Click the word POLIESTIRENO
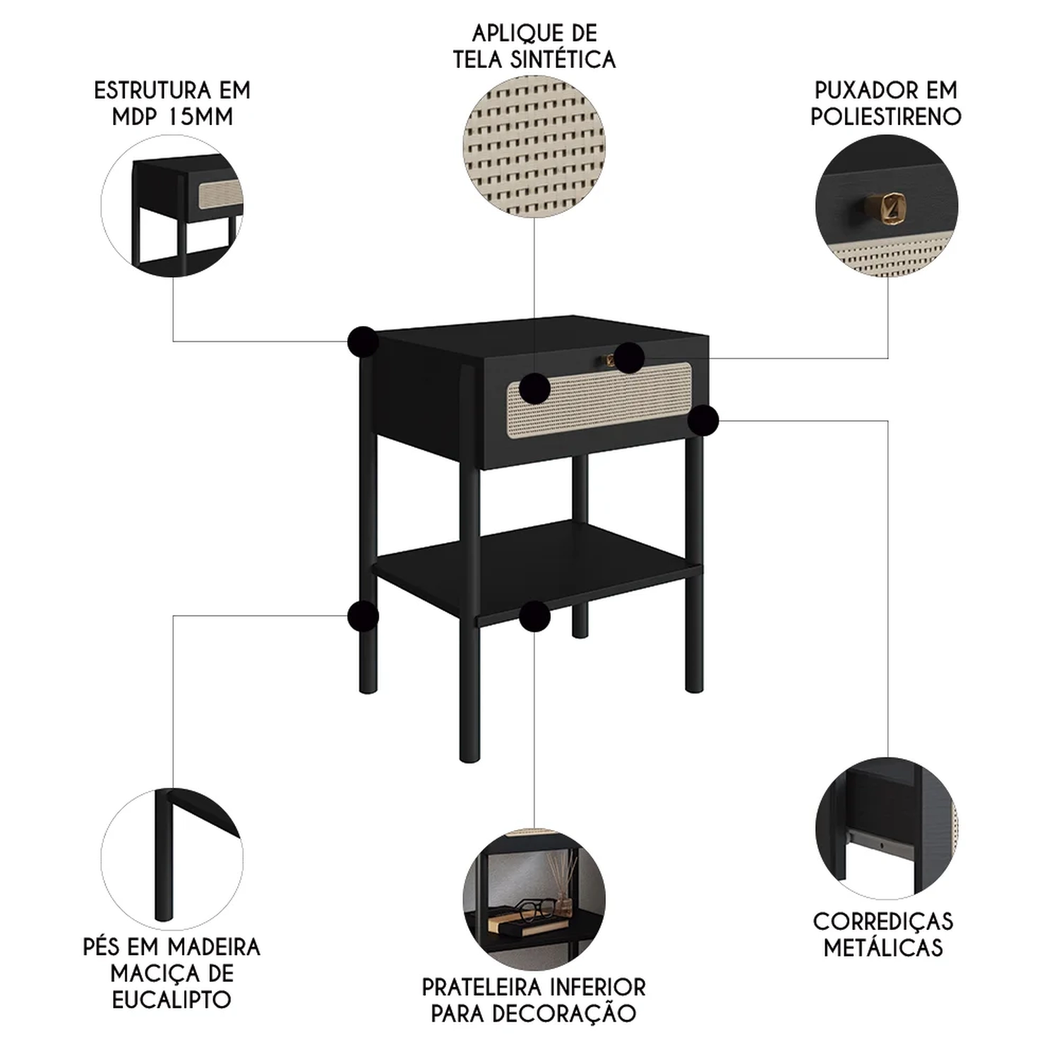point(886,116)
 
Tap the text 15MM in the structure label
point(200,116)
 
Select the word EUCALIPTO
point(172,1000)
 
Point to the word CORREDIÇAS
point(883,921)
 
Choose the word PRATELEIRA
point(482,987)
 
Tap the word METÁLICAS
point(883,947)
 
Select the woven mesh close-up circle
point(534,148)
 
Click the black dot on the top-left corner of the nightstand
point(363,342)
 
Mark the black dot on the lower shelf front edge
point(534,616)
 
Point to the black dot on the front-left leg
point(363,616)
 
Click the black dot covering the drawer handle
point(628,358)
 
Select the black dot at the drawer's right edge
point(703,421)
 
